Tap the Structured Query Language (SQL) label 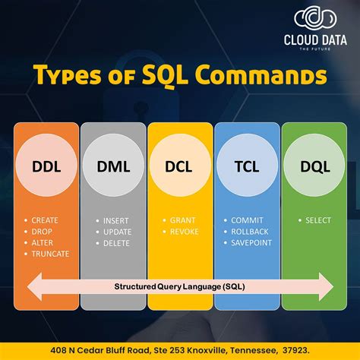(x=180, y=287)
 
